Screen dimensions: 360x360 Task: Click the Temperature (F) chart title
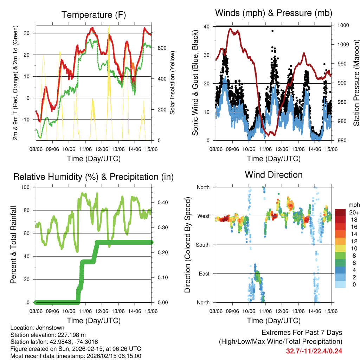94,15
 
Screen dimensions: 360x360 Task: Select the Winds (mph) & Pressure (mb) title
274,13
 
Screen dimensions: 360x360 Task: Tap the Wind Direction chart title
274,175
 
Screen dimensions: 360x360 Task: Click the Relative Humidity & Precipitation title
94,177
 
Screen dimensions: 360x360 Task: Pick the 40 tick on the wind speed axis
207,26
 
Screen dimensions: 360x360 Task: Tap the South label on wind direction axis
203,245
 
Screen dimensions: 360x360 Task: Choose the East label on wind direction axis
204,274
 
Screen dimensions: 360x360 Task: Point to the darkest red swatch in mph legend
340,212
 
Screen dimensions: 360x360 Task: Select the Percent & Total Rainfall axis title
13,245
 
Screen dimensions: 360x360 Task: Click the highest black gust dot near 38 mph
272,31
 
